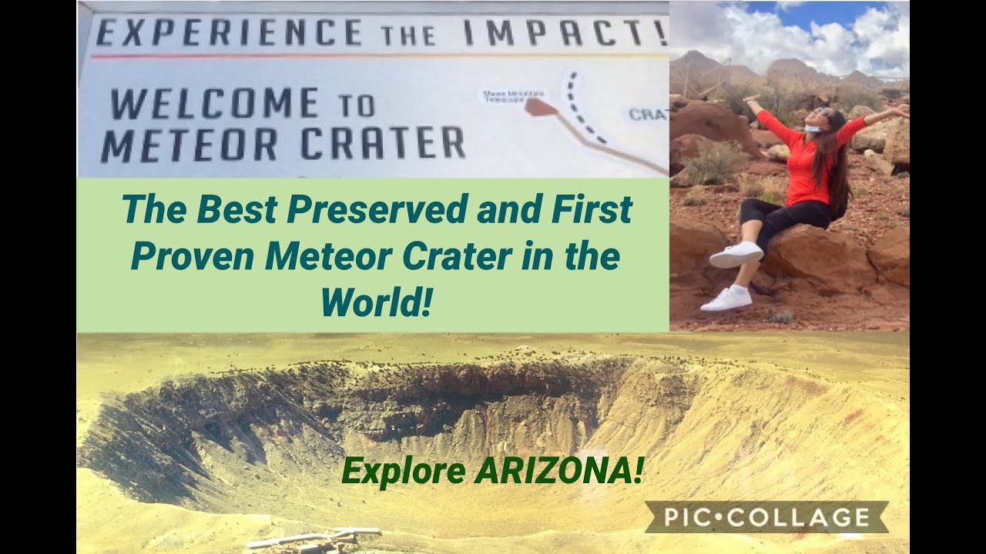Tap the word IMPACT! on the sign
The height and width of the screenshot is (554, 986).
(562, 32)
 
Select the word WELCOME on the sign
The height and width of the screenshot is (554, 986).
(213, 104)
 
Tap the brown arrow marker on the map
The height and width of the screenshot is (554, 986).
(541, 108)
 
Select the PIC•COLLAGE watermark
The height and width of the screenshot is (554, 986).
(766, 517)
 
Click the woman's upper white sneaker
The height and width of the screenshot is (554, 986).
(736, 255)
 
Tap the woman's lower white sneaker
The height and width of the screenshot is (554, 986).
(726, 299)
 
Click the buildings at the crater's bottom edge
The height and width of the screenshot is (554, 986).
(316, 539)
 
